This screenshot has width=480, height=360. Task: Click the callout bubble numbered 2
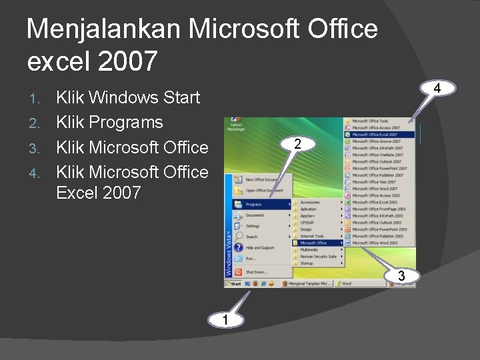[x=299, y=144]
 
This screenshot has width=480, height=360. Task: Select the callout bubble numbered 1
[x=227, y=321]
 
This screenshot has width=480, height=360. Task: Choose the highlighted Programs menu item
[x=261, y=204]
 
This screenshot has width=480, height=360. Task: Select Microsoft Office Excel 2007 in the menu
[x=376, y=135]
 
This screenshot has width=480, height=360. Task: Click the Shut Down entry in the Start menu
[x=256, y=272]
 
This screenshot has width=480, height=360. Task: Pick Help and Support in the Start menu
[x=259, y=248]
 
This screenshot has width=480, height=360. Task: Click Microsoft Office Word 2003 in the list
[x=375, y=243]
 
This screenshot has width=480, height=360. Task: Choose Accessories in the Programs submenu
[x=310, y=202]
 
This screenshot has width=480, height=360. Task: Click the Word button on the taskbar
[x=346, y=283]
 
